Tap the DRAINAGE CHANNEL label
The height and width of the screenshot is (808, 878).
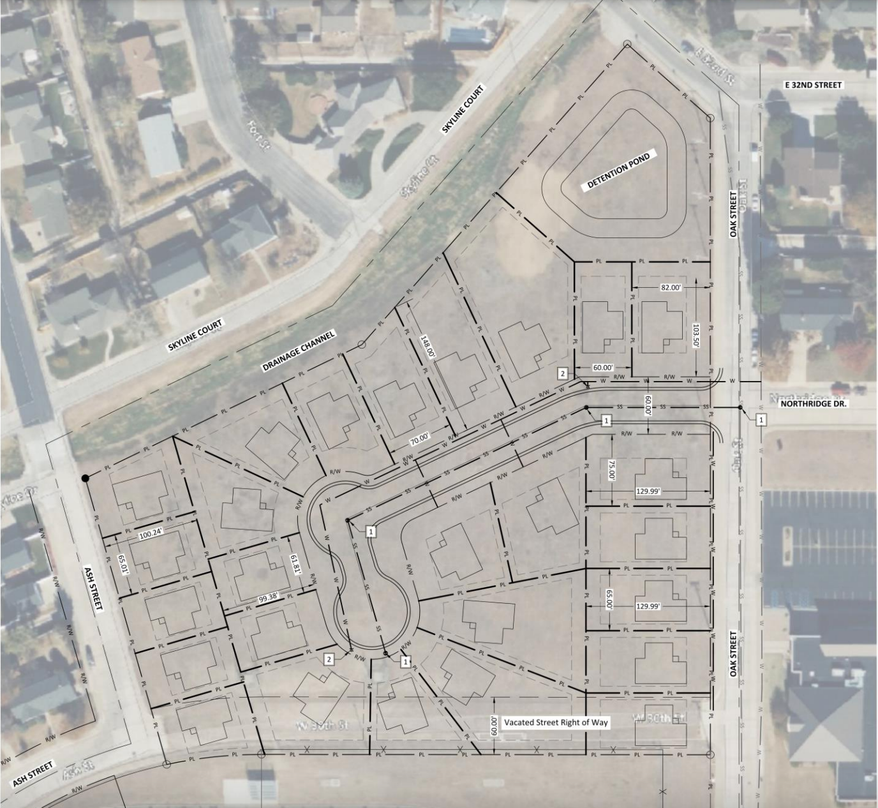[299, 352]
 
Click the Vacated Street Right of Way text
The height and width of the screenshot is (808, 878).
[556, 722]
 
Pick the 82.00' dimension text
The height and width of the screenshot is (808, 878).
[671, 288]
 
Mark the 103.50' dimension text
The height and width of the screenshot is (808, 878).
[696, 335]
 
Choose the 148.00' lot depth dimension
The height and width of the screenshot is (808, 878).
[429, 348]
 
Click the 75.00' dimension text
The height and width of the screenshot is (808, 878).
[611, 470]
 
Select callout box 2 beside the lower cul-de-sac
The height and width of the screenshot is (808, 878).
[329, 659]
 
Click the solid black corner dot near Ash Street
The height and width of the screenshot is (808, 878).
[84, 477]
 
